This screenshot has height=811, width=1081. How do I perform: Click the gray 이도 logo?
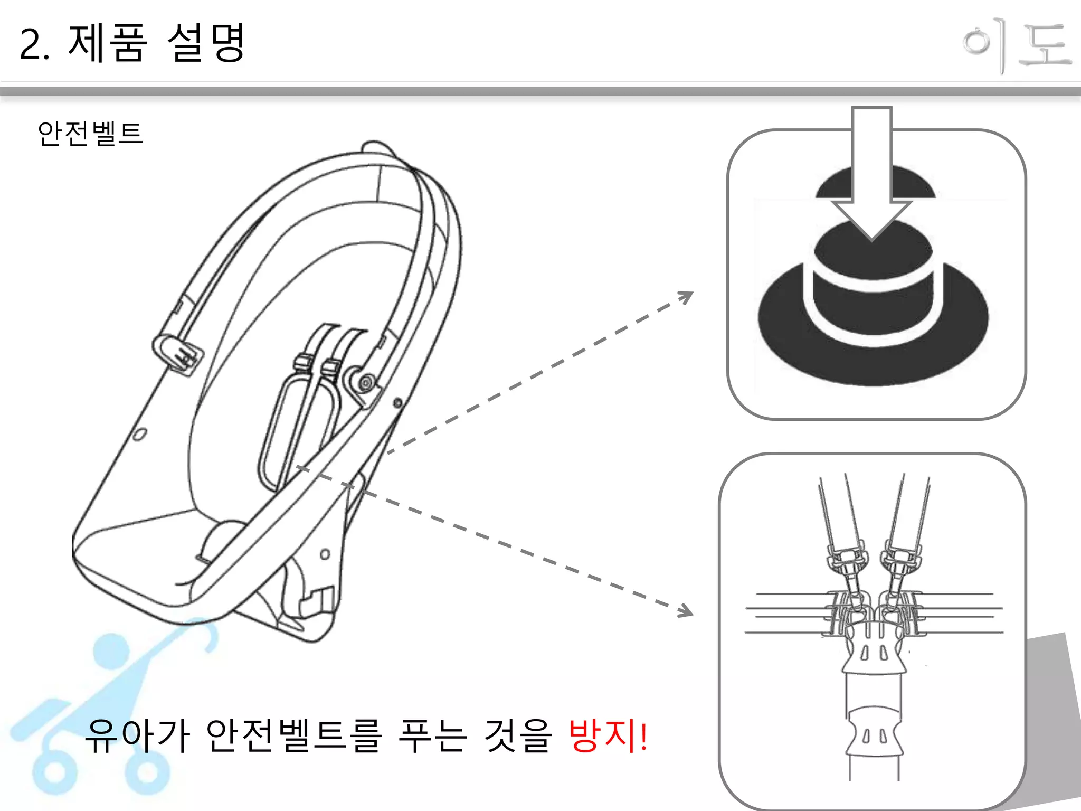coord(1017,46)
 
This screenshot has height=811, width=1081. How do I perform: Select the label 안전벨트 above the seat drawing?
coord(90,133)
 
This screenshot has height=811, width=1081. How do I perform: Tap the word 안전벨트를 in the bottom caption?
coord(293,735)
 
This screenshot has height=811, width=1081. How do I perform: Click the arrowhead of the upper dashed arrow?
coord(686,297)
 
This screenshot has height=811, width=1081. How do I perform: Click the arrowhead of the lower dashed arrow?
coord(686,611)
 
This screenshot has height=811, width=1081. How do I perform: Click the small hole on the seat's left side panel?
coord(140,435)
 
